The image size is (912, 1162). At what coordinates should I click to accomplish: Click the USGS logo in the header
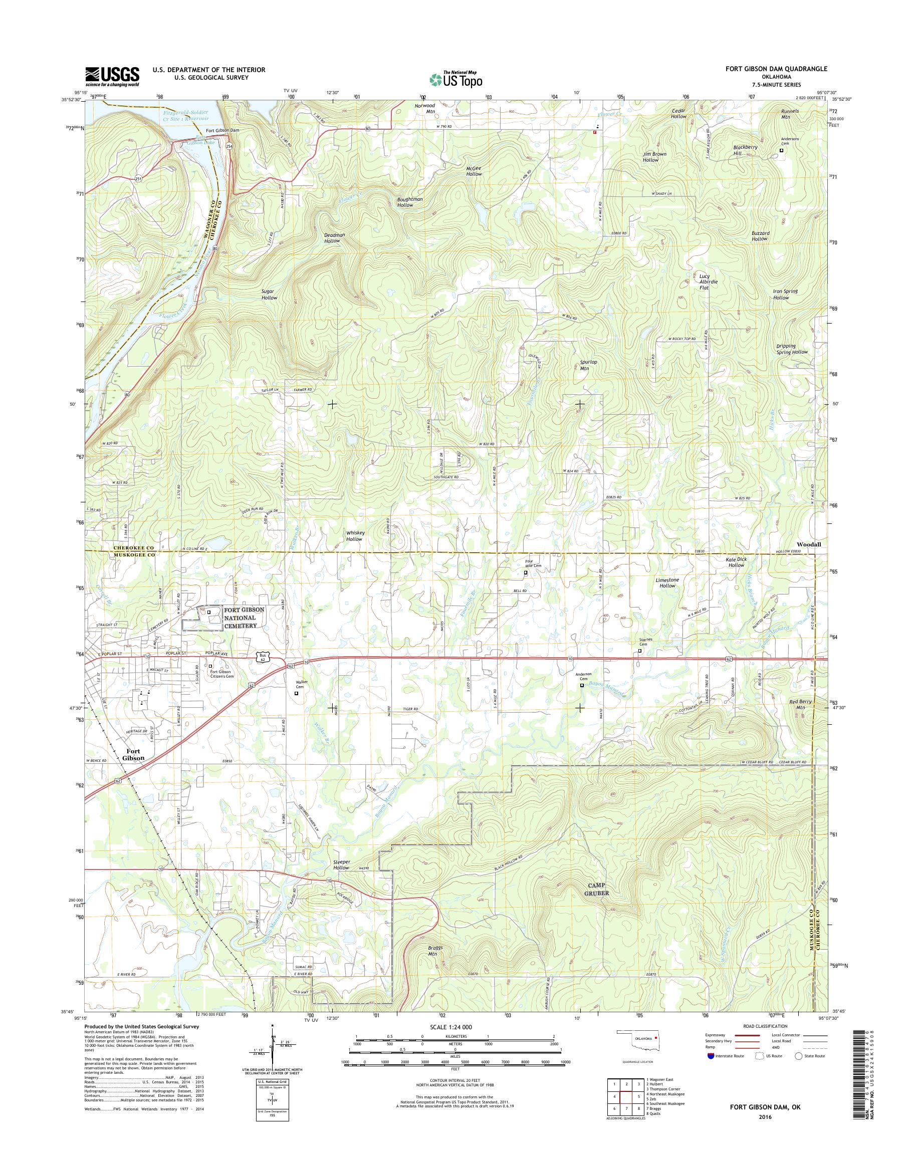(x=112, y=76)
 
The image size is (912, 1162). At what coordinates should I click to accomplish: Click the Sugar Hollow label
(x=269, y=294)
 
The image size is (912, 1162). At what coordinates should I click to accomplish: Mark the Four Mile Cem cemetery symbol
(x=526, y=572)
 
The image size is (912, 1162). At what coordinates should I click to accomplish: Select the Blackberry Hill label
(x=745, y=150)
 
